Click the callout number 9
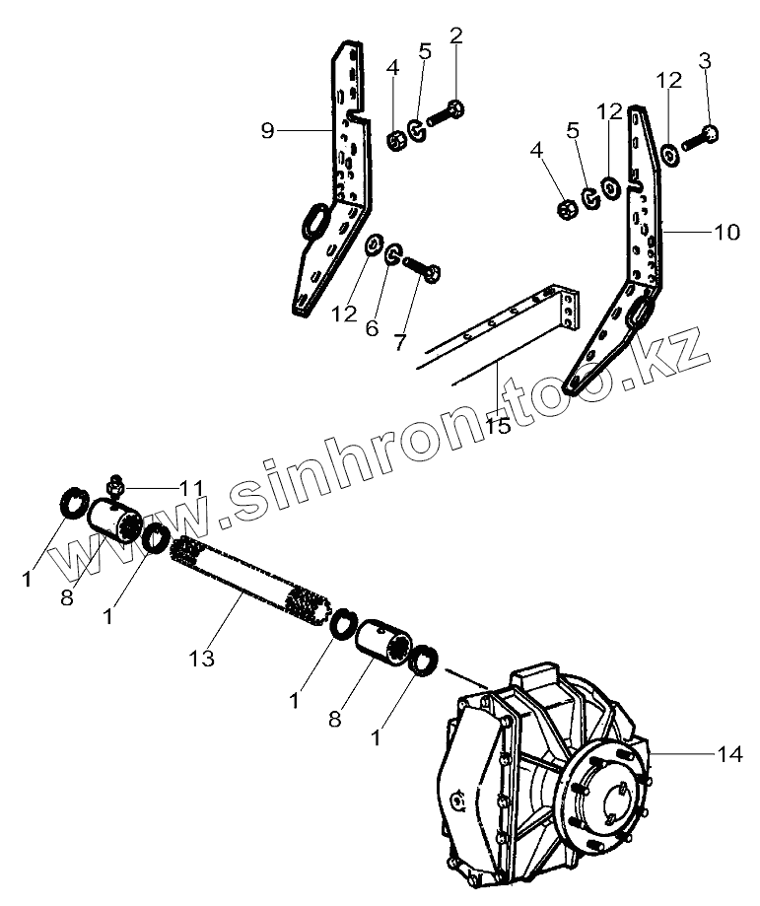(x=267, y=129)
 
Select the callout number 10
(x=725, y=233)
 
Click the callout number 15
(x=500, y=426)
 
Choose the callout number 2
(x=455, y=35)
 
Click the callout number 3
(x=704, y=62)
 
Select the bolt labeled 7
(x=422, y=263)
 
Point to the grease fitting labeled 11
(x=115, y=482)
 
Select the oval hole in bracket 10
(x=640, y=314)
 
